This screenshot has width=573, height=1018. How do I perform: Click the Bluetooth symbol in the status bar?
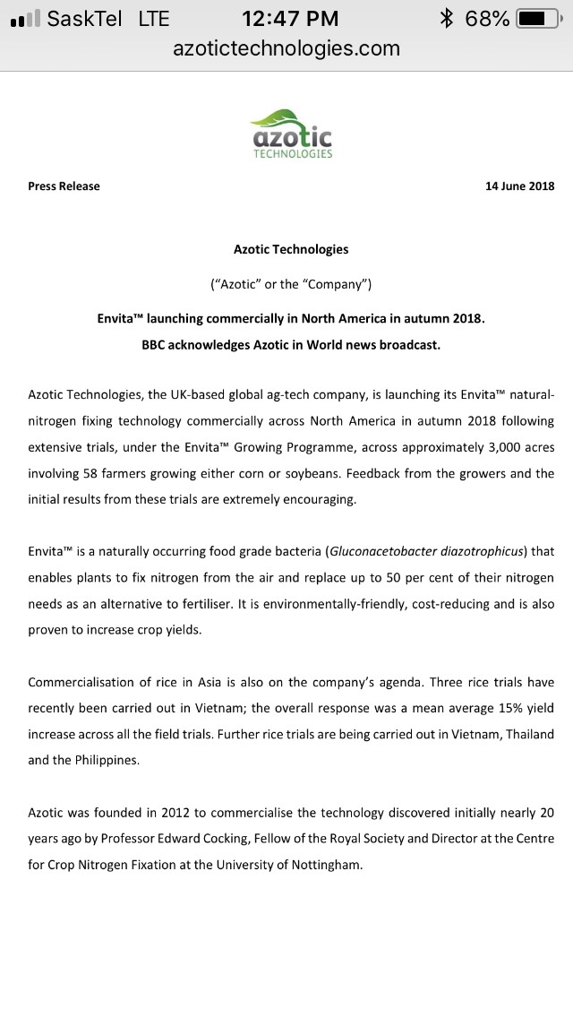click(x=448, y=18)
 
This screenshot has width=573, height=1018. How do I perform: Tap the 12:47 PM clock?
click(x=290, y=18)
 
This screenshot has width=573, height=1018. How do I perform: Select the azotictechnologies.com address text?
click(x=286, y=48)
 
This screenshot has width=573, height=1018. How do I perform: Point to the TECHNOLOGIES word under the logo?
click(x=292, y=154)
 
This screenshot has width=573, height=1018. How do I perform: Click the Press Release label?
click(x=64, y=186)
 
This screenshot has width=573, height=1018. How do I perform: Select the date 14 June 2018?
click(x=519, y=186)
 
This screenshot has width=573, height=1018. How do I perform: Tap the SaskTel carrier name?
click(x=84, y=18)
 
